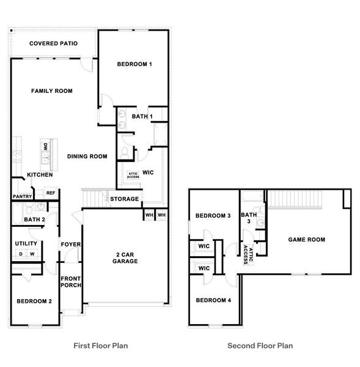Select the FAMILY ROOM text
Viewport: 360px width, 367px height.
click(x=52, y=91)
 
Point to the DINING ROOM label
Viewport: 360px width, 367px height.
click(x=87, y=157)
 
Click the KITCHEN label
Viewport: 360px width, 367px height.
click(x=39, y=175)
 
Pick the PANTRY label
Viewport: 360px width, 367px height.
click(x=22, y=196)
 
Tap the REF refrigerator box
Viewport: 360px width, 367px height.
click(x=50, y=193)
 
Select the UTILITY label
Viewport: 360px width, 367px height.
click(x=26, y=243)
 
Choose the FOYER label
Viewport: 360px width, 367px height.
click(x=69, y=245)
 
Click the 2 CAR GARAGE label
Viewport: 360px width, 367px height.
click(x=125, y=258)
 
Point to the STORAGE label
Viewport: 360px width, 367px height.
click(x=124, y=199)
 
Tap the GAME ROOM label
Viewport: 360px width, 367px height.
click(x=306, y=240)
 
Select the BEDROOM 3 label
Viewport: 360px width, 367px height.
click(x=213, y=216)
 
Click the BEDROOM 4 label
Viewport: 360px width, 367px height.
click(x=213, y=300)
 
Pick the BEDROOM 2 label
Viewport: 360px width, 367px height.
click(x=34, y=302)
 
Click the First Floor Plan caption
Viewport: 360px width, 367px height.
click(x=100, y=346)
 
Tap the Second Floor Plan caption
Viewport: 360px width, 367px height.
click(x=260, y=346)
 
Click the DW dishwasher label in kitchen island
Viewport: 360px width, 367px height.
click(x=46, y=146)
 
